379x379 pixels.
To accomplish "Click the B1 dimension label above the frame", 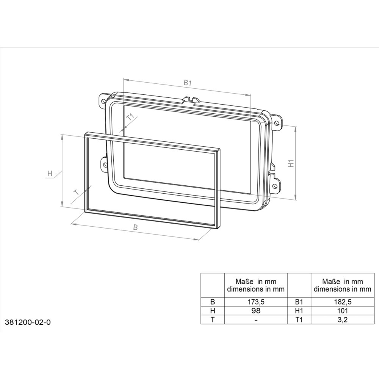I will tap(187, 83).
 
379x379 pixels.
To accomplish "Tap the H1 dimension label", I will tap(291, 164).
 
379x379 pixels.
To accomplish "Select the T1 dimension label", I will tap(130, 117).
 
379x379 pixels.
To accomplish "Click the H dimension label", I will tap(50, 174).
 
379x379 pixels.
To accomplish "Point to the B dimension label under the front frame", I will tap(135, 227).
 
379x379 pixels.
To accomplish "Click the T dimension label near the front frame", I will tap(77, 192).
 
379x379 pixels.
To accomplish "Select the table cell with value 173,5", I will tap(256, 302).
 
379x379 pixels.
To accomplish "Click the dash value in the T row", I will tap(256, 319).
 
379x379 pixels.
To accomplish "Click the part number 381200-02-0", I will tap(28, 323).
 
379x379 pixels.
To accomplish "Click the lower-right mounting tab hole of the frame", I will tap(275, 186).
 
